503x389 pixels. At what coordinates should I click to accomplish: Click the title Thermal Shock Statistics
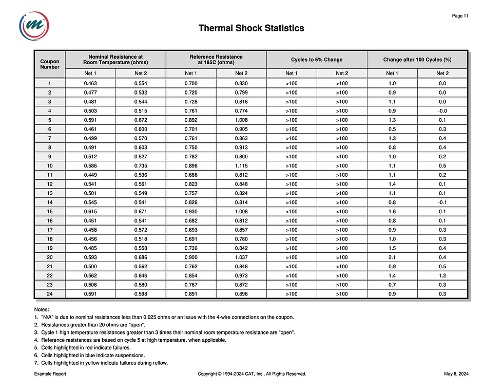tap(251, 28)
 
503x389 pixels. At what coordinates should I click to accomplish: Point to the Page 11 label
tap(460, 16)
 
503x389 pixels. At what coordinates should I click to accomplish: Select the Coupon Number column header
tap(50, 64)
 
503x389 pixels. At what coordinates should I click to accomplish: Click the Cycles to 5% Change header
tap(316, 60)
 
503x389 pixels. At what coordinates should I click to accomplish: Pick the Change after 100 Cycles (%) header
tap(417, 60)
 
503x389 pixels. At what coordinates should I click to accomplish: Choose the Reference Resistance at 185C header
tap(216, 60)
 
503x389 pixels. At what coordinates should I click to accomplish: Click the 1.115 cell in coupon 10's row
tap(241, 165)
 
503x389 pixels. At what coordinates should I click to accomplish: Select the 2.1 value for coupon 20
tap(392, 257)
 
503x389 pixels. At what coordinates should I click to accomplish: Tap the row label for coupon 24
tap(50, 294)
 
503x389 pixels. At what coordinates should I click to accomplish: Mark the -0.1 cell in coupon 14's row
tap(442, 202)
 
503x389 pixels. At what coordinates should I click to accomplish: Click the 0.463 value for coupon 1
tap(90, 83)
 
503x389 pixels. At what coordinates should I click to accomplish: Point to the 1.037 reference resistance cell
tap(241, 257)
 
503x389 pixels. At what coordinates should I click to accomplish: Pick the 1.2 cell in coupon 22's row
tap(442, 275)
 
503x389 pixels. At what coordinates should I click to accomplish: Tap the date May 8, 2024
tap(456, 374)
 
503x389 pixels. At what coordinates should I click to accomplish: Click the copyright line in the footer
tap(252, 374)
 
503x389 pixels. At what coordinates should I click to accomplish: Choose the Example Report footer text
tap(50, 374)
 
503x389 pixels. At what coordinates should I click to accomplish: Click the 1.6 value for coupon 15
tap(392, 211)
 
